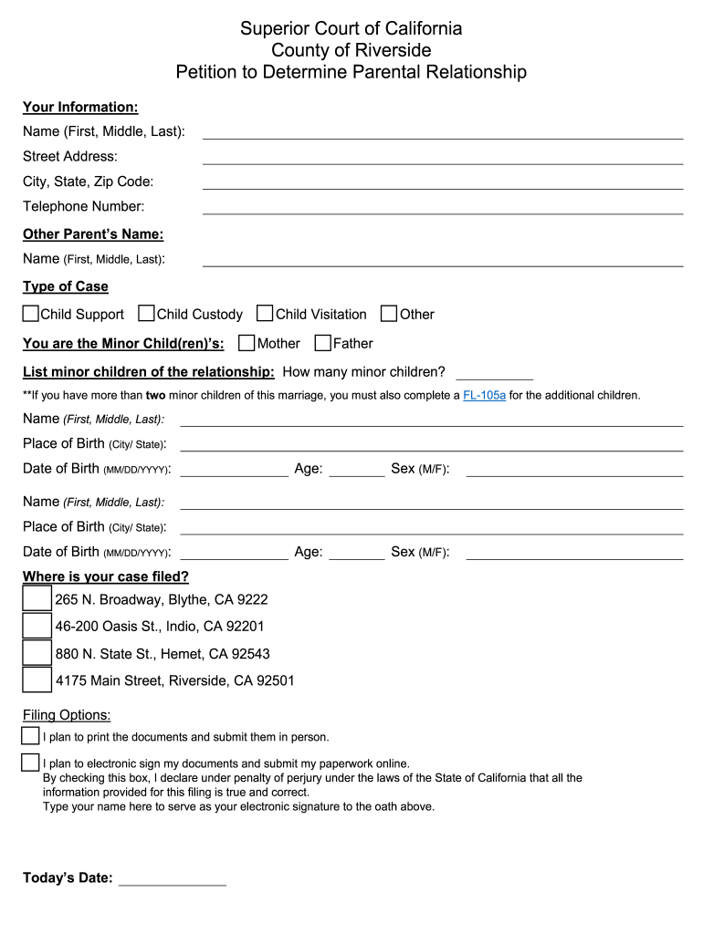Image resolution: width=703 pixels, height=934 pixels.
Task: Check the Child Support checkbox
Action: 31,314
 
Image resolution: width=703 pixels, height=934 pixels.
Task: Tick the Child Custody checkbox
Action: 146,314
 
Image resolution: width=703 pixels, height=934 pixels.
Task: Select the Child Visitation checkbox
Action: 265,314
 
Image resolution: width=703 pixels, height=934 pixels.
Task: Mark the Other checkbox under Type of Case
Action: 389,314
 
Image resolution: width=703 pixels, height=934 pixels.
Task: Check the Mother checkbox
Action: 247,343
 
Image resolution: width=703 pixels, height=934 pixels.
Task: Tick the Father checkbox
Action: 322,343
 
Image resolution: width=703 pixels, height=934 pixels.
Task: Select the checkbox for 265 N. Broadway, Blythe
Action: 37,598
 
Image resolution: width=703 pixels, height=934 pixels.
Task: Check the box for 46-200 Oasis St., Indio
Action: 37,626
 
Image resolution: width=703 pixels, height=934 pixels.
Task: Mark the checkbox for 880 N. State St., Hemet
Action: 37,653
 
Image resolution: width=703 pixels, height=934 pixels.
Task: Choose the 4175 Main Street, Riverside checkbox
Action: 37,680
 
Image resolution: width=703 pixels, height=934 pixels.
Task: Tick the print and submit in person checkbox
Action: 30,735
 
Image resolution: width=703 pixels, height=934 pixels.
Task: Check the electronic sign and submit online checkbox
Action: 30,763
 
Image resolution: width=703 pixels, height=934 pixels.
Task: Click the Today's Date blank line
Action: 173,879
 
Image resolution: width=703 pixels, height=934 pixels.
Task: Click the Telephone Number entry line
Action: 443,207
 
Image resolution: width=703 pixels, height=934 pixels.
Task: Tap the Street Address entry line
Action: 443,157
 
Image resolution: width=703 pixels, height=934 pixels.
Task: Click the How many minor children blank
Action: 494,372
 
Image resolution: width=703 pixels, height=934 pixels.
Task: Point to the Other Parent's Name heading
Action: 93,234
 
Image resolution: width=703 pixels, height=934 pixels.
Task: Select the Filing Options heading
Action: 67,715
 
